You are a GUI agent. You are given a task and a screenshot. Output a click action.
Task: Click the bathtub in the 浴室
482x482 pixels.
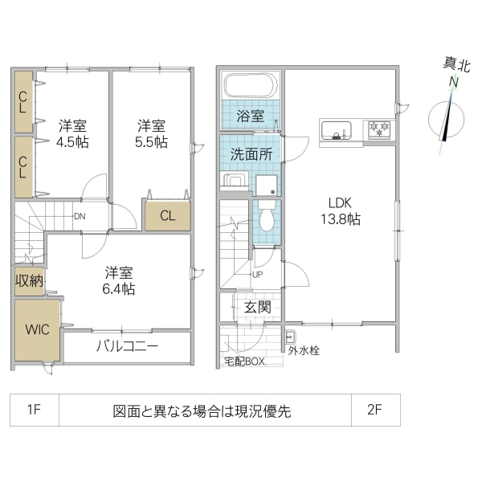[250, 85]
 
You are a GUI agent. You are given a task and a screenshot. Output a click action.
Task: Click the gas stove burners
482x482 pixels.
[378, 128]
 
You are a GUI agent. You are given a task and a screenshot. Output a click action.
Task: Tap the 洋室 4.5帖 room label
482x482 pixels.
[72, 133]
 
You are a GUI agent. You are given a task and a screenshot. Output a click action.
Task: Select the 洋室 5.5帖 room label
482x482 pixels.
[151, 133]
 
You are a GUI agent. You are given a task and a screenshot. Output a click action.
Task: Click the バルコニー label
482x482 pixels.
[127, 347]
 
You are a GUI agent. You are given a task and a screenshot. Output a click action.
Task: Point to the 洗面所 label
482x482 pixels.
[251, 154]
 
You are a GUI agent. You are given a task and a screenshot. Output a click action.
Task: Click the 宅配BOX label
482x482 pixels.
[243, 361]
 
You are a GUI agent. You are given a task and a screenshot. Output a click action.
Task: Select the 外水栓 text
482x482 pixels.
[304, 350]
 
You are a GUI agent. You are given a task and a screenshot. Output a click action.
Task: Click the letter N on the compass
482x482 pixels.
[454, 82]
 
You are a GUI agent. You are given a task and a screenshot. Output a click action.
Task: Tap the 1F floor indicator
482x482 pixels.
[34, 411]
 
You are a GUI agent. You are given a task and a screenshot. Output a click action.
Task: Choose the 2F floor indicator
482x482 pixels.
[374, 411]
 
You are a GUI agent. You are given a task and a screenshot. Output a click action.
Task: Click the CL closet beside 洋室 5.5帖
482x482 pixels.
[167, 214]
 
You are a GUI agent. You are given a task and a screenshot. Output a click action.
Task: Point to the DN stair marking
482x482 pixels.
[80, 216]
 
